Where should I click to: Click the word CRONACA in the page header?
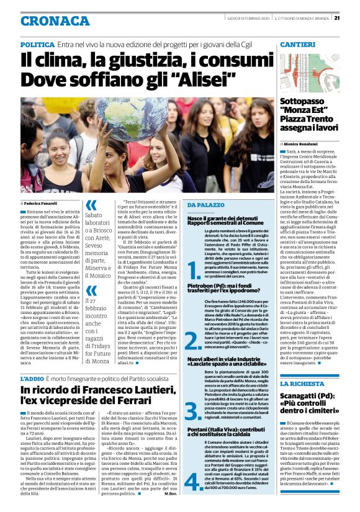55,21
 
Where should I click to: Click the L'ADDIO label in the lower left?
32,379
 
